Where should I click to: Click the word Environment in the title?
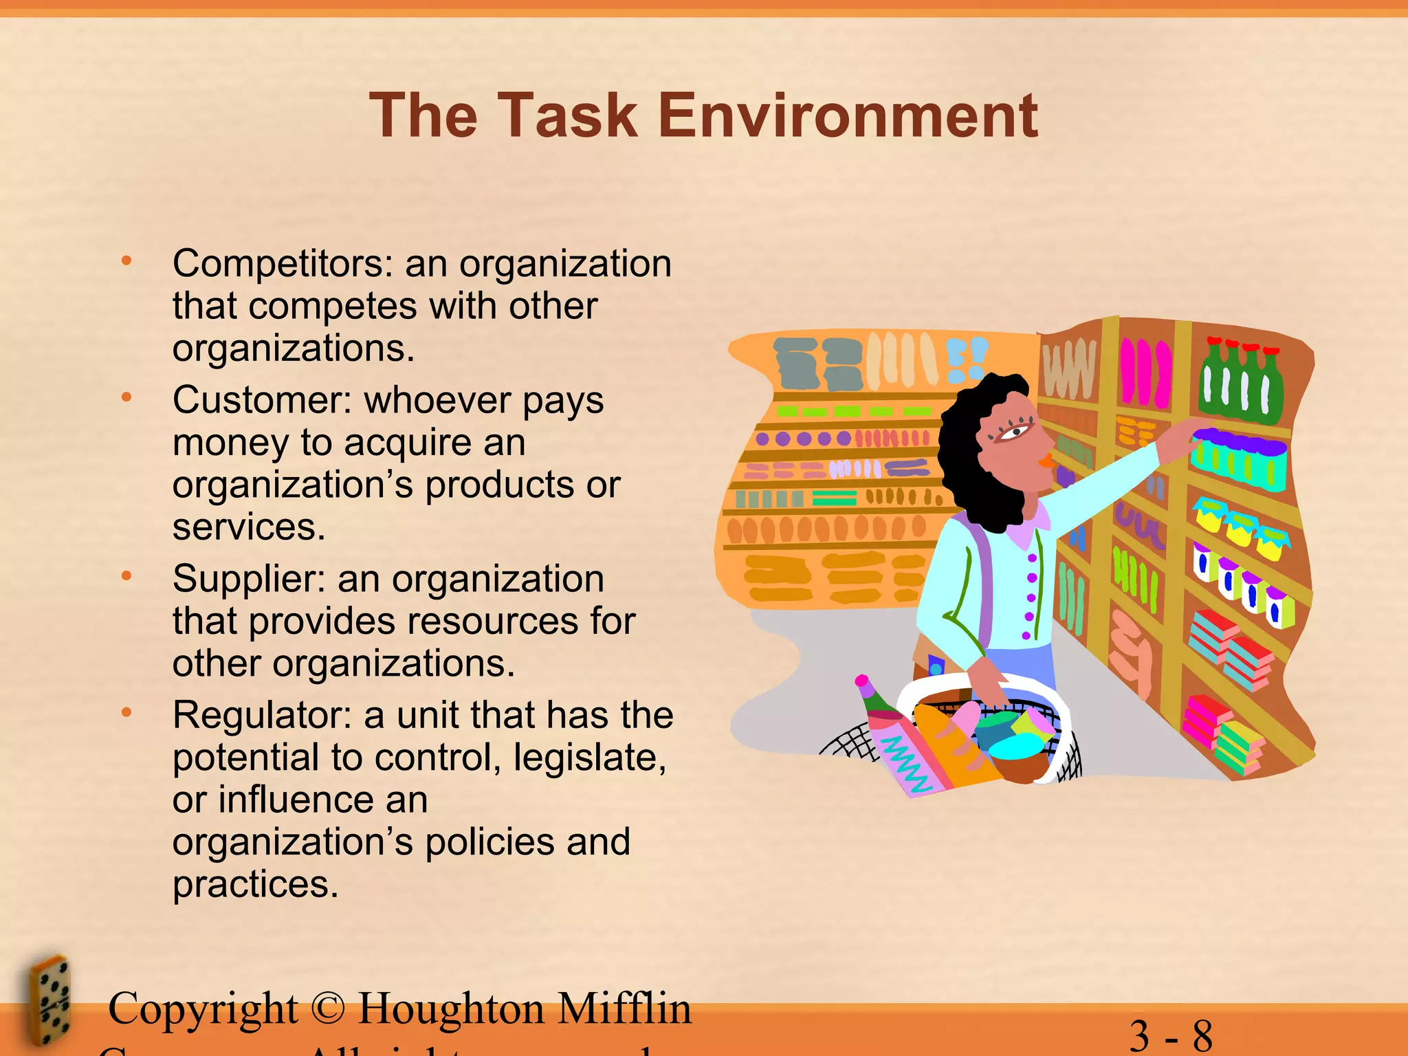point(848,115)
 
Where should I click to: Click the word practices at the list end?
point(255,885)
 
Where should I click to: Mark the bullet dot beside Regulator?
point(126,713)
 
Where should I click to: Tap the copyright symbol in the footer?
point(327,1009)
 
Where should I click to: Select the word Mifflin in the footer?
point(624,1009)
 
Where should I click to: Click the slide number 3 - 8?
point(1171,1035)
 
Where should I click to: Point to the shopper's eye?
point(1015,430)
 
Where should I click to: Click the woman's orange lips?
point(1047,460)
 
